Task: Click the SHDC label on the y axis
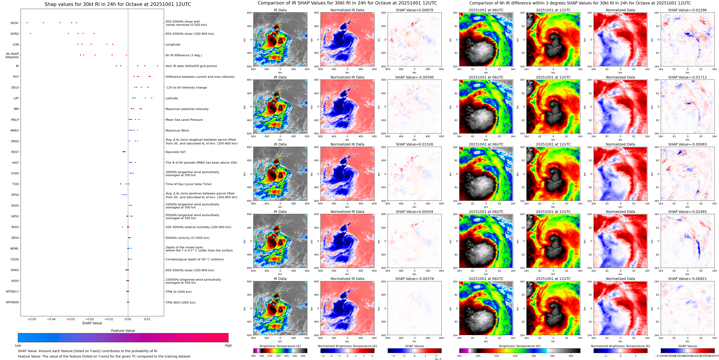click(x=15, y=23)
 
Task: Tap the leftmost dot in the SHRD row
click(x=30, y=34)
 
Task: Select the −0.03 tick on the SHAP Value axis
click(x=70, y=319)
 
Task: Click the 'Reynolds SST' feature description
click(x=175, y=152)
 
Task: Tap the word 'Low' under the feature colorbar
click(x=18, y=345)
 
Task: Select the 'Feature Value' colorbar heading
click(x=123, y=331)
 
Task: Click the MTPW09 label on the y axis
click(x=12, y=302)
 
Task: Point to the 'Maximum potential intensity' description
click(x=187, y=109)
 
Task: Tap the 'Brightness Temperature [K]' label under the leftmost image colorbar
click(x=280, y=346)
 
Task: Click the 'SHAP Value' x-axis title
click(x=92, y=323)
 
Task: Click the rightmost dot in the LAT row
click(x=152, y=98)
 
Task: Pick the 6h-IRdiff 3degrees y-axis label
click(x=12, y=55)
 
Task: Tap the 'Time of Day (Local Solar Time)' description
click(x=188, y=184)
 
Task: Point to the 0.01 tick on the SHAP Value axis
click(x=147, y=319)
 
